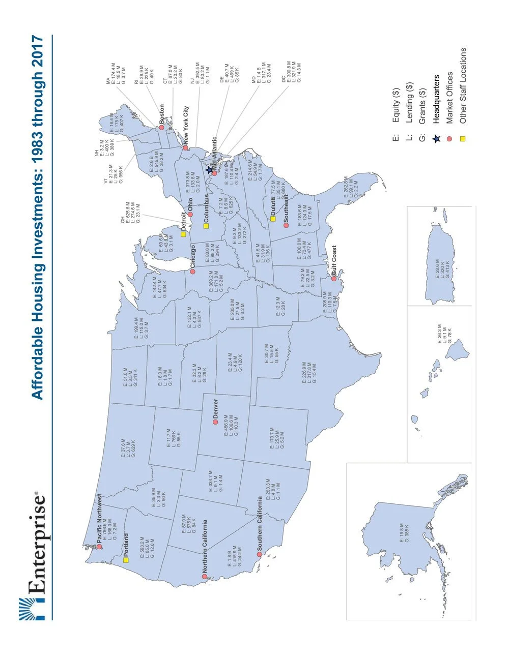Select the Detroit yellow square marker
click(x=183, y=234)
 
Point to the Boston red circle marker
click(x=161, y=128)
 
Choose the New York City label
click(x=186, y=126)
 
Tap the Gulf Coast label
click(x=334, y=261)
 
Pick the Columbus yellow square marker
click(x=206, y=225)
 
